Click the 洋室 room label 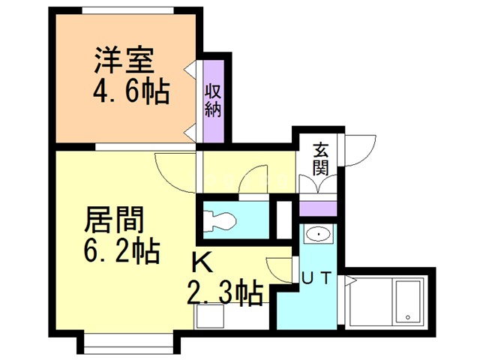pos(124,60)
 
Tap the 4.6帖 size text pos(131,91)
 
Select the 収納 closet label pos(213,100)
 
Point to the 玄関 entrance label pos(320,159)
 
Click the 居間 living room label pos(114,219)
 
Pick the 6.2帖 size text pos(121,250)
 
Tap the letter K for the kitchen pos(202,263)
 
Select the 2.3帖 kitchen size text pos(225,292)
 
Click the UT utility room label pos(316,278)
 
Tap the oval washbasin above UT pos(318,235)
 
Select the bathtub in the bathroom pos(408,301)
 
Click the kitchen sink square pos(210,316)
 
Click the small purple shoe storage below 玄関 pos(318,208)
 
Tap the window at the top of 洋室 pos(128,10)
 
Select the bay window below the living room pos(128,343)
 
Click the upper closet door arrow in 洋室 pos(190,70)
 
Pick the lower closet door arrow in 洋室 pos(190,133)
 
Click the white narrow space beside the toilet pos(284,220)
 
